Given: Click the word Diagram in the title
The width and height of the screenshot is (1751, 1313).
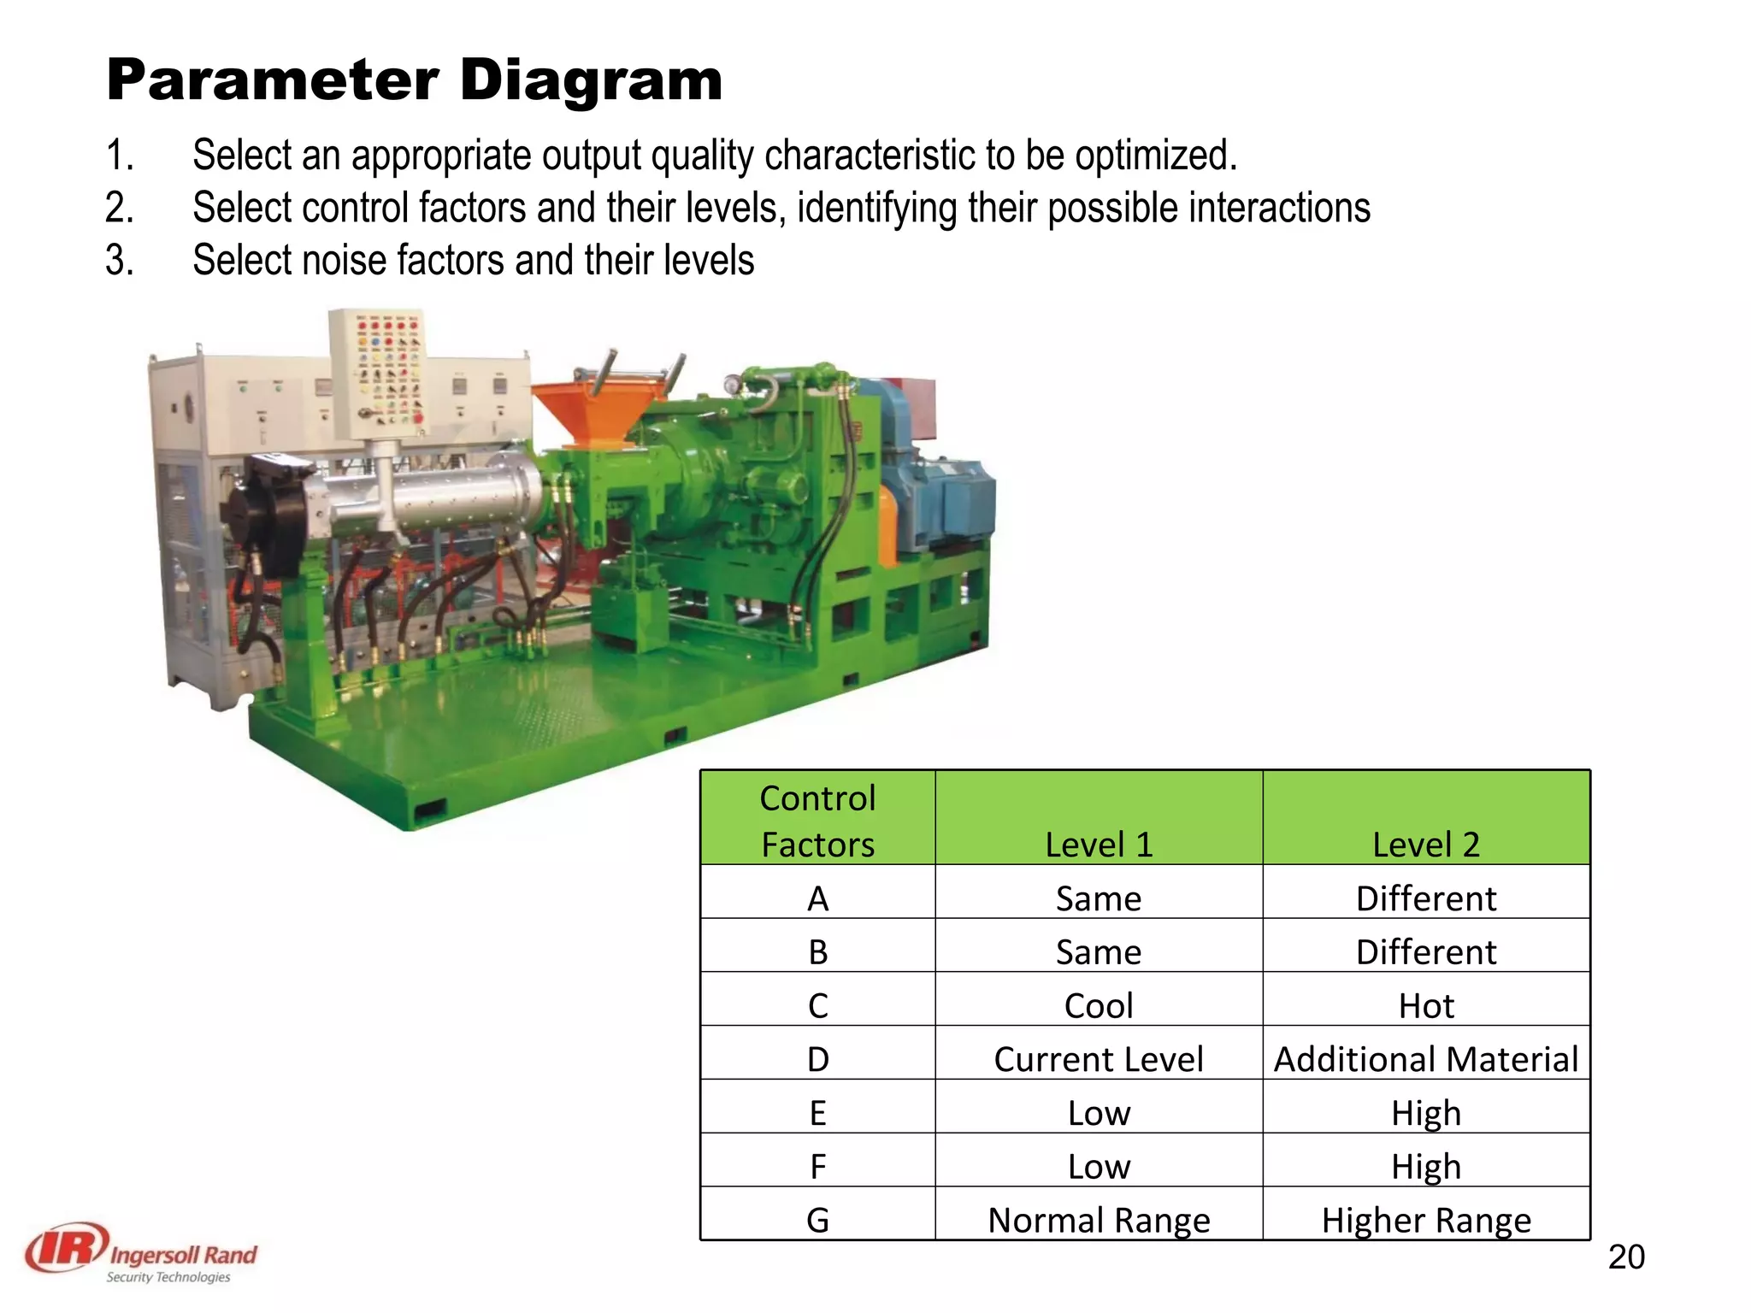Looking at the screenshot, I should [591, 80].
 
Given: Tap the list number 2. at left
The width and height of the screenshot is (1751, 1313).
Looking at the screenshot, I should [120, 208].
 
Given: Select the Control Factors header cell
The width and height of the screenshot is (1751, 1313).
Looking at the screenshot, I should [817, 820].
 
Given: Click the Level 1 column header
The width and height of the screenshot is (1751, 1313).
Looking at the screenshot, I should [1099, 844].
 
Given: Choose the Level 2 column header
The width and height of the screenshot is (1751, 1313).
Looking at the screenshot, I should [1425, 844].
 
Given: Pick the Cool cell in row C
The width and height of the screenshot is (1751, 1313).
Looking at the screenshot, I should [1099, 1005].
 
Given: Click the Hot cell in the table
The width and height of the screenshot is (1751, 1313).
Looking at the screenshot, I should [1425, 1005].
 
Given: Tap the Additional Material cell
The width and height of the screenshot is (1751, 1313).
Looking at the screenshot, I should [1425, 1059].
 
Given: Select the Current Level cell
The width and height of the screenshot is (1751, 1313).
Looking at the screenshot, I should [1099, 1059].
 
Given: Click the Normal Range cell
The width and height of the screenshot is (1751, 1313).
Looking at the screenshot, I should [1099, 1220].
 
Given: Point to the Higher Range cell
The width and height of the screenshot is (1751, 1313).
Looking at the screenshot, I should [1425, 1220].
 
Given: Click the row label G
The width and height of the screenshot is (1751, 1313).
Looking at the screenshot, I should [817, 1220].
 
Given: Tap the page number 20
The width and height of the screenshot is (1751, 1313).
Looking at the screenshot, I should [1625, 1257].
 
